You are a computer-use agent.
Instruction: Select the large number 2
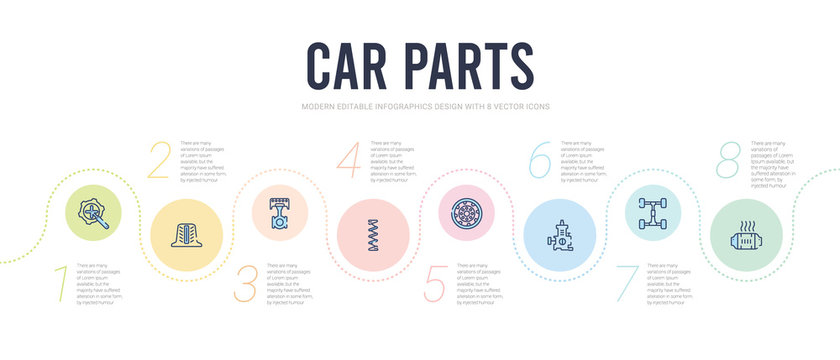[159, 160]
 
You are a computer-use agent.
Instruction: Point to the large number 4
[349, 160]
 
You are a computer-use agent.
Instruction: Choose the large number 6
[540, 160]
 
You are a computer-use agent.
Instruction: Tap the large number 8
[730, 160]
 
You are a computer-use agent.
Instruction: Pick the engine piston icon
[276, 214]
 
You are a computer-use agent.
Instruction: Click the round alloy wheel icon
[466, 213]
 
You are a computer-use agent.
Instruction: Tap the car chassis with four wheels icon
[655, 213]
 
